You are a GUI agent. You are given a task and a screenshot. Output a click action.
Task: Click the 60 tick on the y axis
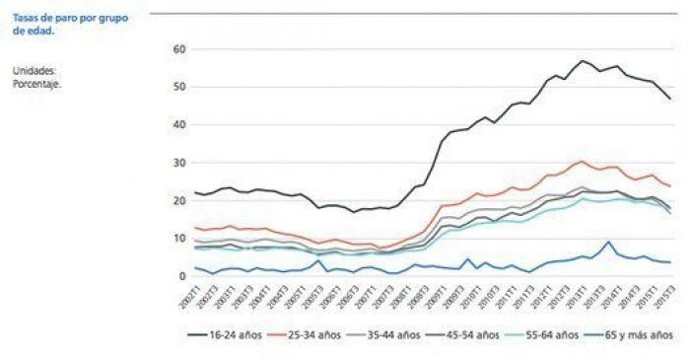click(179, 49)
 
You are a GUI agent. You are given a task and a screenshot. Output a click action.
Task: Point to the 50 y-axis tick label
click(179, 87)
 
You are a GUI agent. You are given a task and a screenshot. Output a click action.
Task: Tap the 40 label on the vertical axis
click(179, 125)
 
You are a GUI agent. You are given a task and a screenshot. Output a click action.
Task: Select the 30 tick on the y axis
click(179, 163)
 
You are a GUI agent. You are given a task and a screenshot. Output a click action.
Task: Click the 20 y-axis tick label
click(179, 200)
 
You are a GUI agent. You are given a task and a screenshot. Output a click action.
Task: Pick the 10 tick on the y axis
click(179, 239)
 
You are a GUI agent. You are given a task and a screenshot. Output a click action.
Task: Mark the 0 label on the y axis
click(181, 276)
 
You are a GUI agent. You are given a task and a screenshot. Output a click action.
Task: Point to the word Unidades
click(34, 71)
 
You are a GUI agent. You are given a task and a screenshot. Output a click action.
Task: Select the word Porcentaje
click(37, 83)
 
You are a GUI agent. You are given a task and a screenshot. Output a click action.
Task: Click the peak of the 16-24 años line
click(582, 61)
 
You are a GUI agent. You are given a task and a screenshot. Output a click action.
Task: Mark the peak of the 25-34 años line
click(583, 162)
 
